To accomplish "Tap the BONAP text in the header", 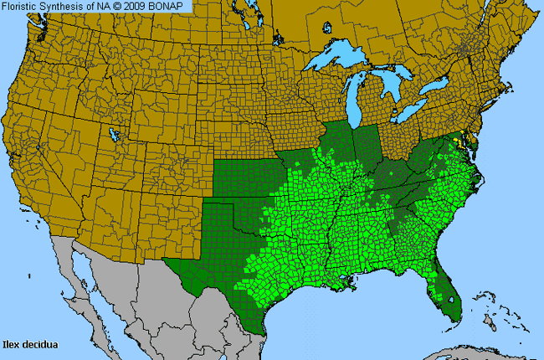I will coord(174,6).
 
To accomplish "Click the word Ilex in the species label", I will coord(13,343).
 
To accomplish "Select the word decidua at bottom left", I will coord(39,343).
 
